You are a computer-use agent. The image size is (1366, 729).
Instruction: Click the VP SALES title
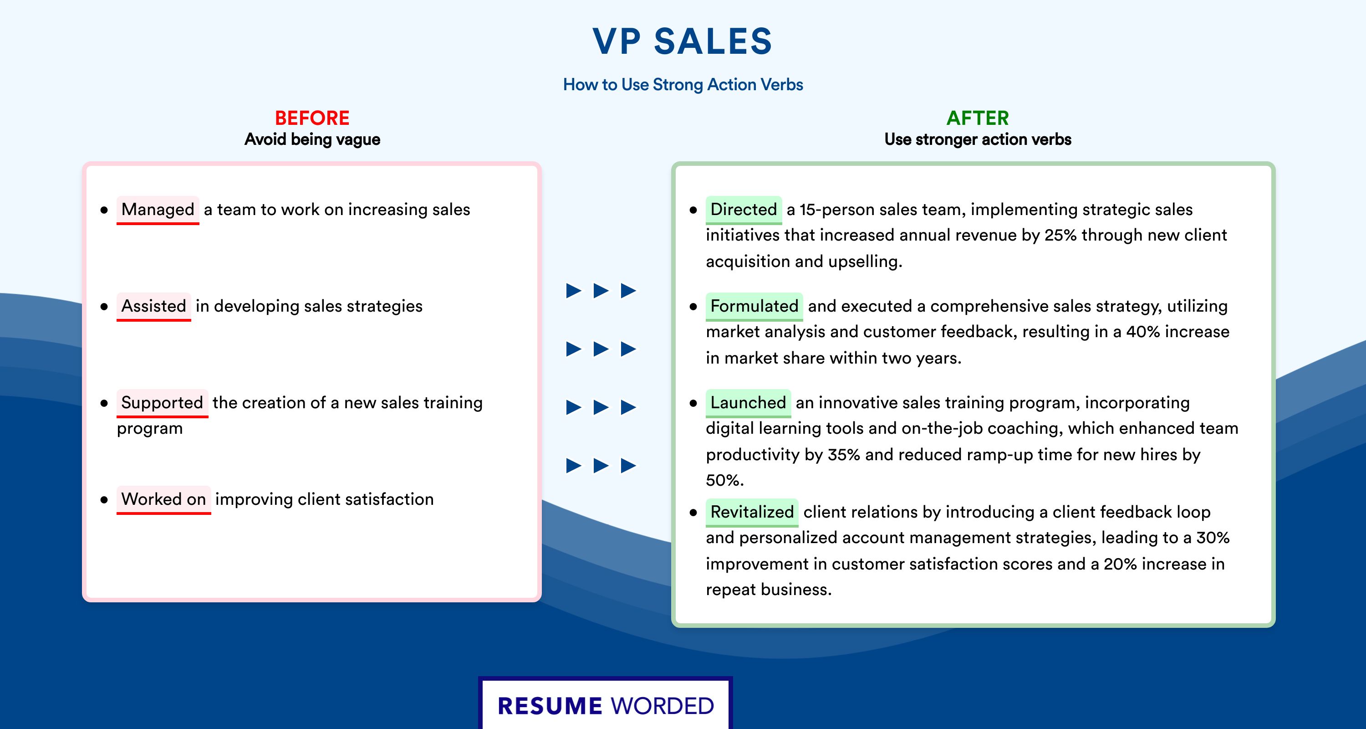(x=683, y=41)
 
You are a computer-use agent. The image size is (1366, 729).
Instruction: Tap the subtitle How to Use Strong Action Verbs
(x=683, y=84)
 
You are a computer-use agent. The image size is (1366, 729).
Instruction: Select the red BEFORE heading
(x=312, y=118)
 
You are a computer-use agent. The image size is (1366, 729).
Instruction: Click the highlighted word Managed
(x=158, y=210)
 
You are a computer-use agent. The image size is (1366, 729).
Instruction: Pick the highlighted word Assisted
(x=154, y=306)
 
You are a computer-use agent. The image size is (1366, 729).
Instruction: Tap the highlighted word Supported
(x=162, y=403)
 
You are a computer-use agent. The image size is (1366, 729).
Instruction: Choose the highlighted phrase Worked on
(x=164, y=499)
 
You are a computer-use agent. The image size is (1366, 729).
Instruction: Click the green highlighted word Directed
(x=744, y=210)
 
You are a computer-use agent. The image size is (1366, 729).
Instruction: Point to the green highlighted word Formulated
(x=754, y=306)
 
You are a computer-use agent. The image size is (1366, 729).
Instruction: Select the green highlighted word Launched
(x=748, y=403)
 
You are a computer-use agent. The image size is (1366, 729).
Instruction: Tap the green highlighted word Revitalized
(x=752, y=512)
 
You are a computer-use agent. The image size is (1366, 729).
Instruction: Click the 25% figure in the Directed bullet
(x=1060, y=235)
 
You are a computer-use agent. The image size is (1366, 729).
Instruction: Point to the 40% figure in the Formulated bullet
(x=1143, y=332)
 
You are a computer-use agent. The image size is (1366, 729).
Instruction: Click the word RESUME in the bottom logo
(x=550, y=706)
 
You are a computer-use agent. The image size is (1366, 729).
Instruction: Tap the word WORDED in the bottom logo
(x=663, y=706)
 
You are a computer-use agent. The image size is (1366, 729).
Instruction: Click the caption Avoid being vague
(x=312, y=139)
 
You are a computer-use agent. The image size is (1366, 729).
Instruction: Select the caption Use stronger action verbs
(x=978, y=139)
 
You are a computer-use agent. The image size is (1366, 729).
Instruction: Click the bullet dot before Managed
(x=104, y=210)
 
